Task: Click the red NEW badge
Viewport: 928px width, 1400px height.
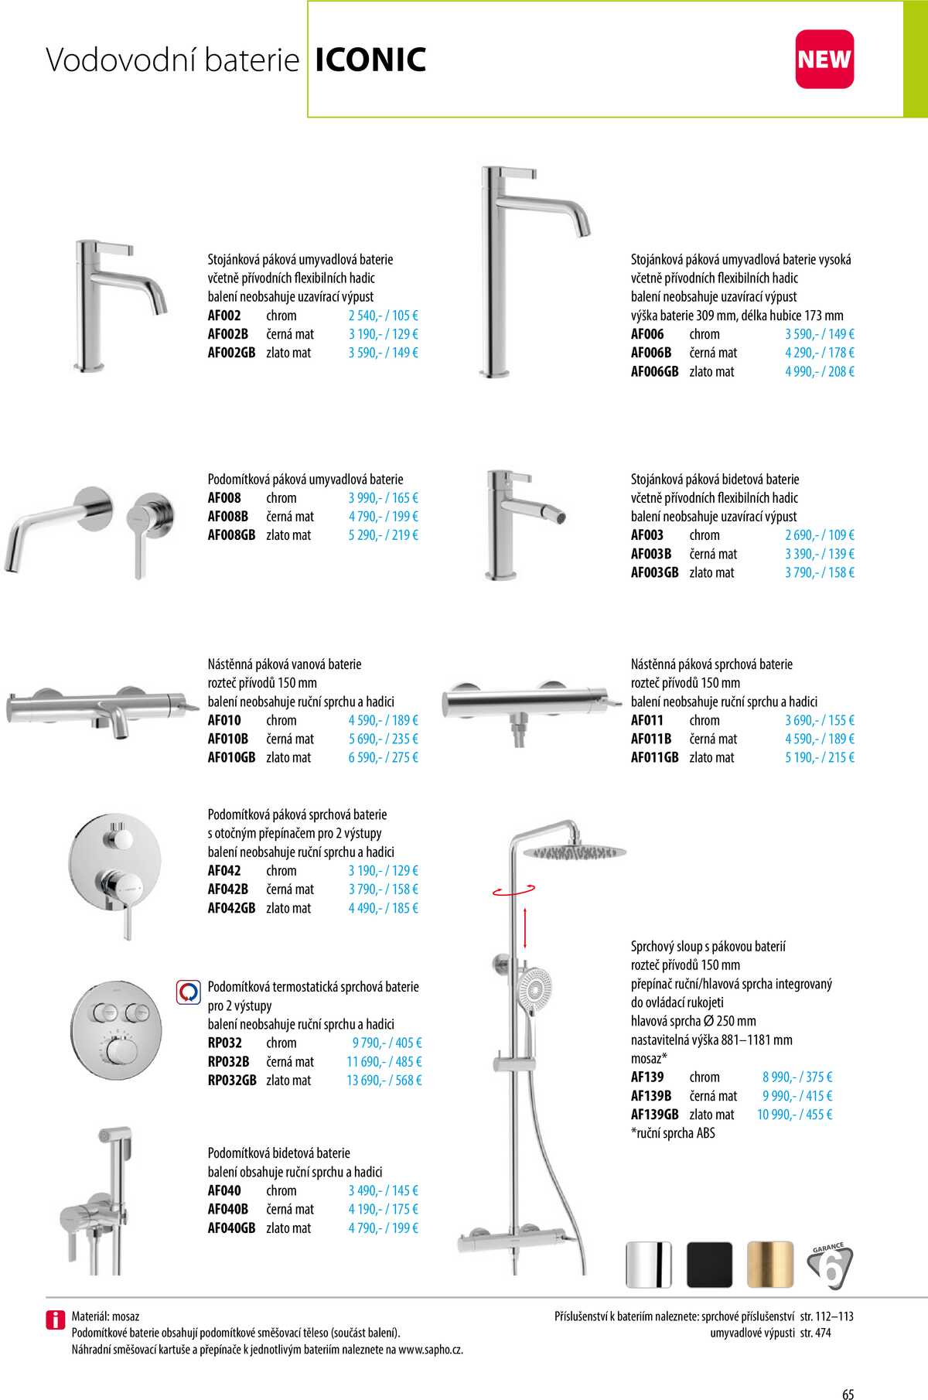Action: [824, 60]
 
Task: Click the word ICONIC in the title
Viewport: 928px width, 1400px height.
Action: [370, 60]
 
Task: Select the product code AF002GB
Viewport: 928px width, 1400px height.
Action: [231, 353]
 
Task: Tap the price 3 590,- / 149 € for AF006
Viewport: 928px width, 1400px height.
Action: [819, 334]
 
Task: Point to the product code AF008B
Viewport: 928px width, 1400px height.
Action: [228, 517]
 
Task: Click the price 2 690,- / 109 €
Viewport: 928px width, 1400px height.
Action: [819, 535]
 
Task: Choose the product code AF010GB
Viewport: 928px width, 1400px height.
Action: [231, 758]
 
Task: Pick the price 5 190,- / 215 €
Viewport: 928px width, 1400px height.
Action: [819, 758]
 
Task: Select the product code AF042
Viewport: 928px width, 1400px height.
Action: [224, 871]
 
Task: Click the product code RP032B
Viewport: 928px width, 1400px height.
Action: [228, 1062]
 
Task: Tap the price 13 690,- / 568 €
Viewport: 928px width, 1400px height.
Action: [384, 1081]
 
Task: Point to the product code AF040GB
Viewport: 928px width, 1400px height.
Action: [231, 1228]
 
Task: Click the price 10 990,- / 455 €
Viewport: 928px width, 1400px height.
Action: [794, 1115]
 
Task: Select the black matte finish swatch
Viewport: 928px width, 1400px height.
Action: [709, 1265]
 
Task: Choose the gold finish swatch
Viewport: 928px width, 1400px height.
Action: [770, 1265]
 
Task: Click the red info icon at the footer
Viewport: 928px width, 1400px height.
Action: [56, 1320]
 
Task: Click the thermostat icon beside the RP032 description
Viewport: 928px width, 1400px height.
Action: [189, 992]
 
